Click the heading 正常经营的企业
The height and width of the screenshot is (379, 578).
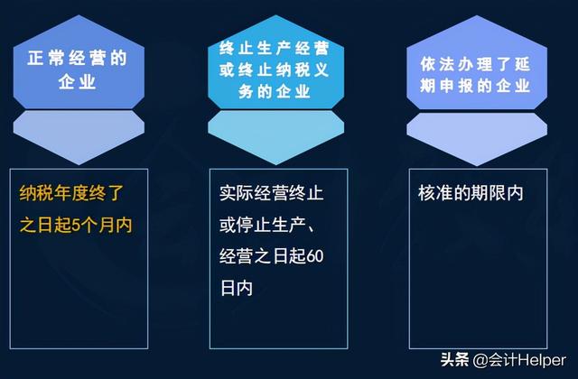[x=78, y=70]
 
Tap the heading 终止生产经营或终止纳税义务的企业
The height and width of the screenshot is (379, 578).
[x=275, y=70]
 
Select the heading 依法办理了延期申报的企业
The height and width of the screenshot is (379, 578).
[x=476, y=75]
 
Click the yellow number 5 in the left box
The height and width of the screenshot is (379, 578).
[x=76, y=226]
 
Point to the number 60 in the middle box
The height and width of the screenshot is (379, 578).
[x=315, y=256]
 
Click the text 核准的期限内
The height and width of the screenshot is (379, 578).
[x=471, y=193]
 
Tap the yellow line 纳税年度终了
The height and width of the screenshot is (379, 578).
[x=71, y=193]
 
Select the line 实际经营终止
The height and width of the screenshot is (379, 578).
[x=272, y=193]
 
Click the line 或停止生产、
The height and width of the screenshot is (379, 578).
[x=267, y=225]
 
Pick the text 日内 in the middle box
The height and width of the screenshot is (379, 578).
[x=237, y=288]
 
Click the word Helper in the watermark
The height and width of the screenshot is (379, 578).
[x=544, y=360]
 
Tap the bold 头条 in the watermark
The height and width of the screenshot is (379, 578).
[x=455, y=360]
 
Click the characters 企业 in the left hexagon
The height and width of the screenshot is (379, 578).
[x=78, y=82]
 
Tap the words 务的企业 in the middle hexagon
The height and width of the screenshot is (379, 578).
[x=275, y=91]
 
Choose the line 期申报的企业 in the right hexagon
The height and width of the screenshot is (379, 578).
[x=476, y=86]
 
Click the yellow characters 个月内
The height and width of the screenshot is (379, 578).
[x=107, y=226]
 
